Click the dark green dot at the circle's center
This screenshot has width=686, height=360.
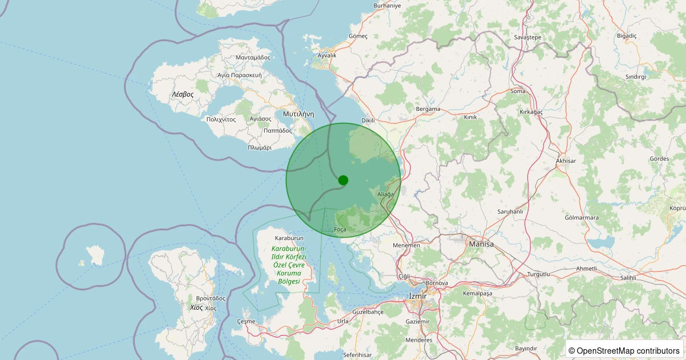pyautogui.click(x=343, y=180)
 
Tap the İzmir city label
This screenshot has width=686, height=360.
pyautogui.click(x=418, y=295)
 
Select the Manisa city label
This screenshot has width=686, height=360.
pyautogui.click(x=481, y=244)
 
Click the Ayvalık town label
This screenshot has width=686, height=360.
pyautogui.click(x=327, y=55)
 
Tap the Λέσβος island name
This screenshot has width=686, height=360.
pyautogui.click(x=183, y=94)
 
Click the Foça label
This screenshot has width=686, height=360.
pyautogui.click(x=340, y=229)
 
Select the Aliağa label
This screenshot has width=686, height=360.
pyautogui.click(x=386, y=195)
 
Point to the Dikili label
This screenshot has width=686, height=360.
pyautogui.click(x=368, y=121)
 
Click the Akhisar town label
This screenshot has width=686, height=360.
pyautogui.click(x=566, y=161)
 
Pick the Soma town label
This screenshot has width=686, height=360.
pyautogui.click(x=518, y=91)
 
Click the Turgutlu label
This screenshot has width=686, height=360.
pyautogui.click(x=539, y=274)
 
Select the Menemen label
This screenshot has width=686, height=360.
pyautogui.click(x=406, y=245)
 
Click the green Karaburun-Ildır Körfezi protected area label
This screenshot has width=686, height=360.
pyautogui.click(x=289, y=265)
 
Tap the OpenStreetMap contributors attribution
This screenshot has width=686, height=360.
pyautogui.click(x=624, y=350)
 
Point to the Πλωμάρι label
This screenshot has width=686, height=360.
pyautogui.click(x=260, y=147)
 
